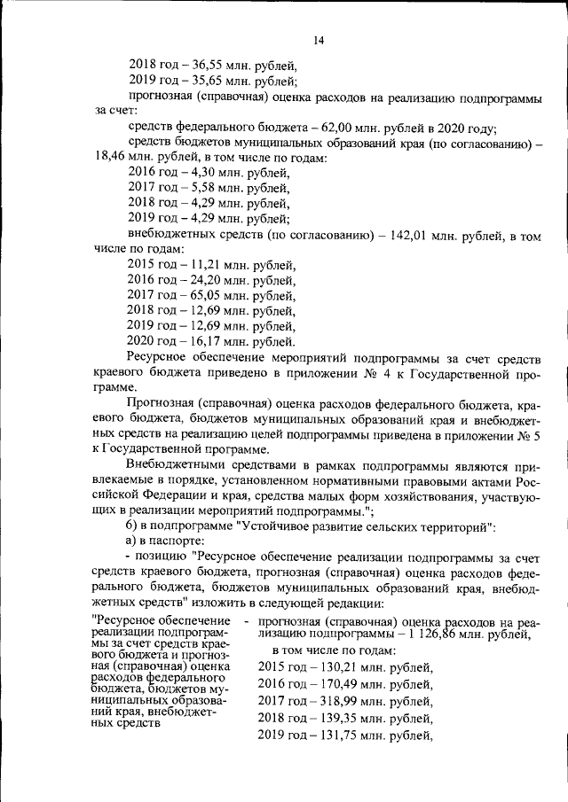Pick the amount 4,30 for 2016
(201, 173)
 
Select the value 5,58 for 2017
(201, 188)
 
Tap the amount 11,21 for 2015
(205, 265)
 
